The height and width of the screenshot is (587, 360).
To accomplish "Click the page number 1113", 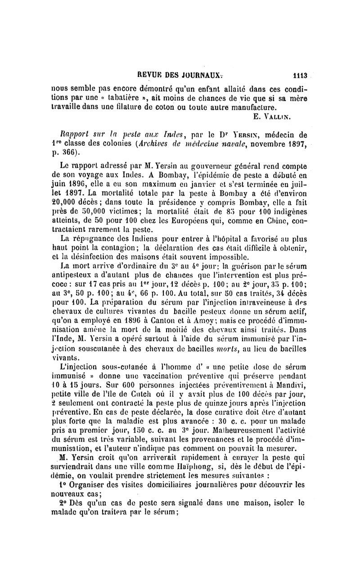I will coord(300,77).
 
